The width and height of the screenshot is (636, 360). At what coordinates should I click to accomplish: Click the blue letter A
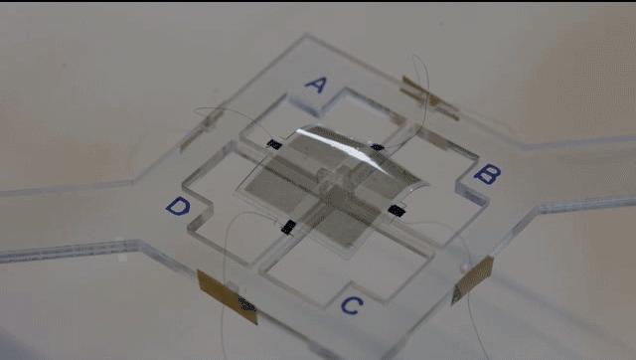point(314,85)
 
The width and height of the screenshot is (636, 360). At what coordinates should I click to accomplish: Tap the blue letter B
point(486,175)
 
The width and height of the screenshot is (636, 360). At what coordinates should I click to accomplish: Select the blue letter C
point(349,304)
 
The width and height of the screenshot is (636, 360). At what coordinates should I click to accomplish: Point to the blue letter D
point(177,207)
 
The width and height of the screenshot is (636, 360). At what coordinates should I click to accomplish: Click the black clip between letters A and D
point(273,145)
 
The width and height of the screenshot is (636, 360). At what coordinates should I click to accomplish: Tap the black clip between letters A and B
point(378,148)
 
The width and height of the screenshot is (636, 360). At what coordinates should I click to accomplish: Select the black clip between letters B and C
point(397,210)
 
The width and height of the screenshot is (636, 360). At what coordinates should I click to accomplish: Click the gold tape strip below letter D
point(227,294)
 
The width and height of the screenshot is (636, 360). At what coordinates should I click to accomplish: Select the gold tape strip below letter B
point(472,277)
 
